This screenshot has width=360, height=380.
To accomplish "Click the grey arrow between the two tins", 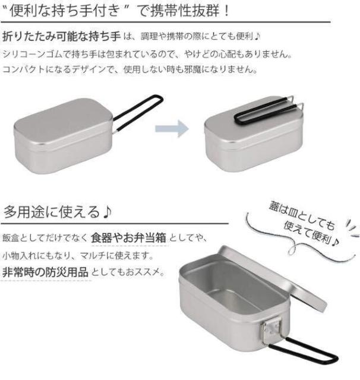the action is point(172,128).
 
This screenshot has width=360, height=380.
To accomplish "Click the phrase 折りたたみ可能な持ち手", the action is point(62,36).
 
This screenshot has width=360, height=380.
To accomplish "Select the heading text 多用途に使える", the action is point(52,211).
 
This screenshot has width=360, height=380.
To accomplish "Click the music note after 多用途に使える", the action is point(107,211).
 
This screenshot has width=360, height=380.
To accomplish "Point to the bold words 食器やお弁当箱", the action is point(129,237).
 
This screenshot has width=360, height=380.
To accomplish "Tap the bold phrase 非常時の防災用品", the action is point(45,272).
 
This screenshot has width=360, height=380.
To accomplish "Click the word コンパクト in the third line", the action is point(24,69).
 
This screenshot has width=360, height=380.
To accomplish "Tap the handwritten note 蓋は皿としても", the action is point(302,216).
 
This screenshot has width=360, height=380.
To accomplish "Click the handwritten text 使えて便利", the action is point(311,233).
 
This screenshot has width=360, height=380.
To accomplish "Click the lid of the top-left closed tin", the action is point(64,121).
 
